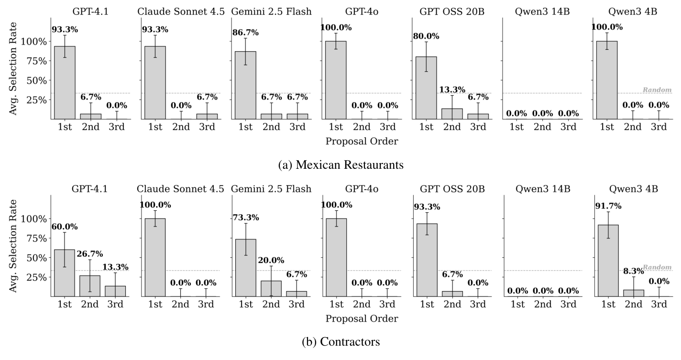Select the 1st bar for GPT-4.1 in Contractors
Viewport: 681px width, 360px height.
click(x=64, y=273)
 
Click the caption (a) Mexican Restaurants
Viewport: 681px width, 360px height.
click(x=340, y=165)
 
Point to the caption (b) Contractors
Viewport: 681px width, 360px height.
click(x=340, y=342)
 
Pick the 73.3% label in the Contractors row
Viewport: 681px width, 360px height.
click(x=246, y=218)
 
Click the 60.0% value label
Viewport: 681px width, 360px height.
click(x=65, y=227)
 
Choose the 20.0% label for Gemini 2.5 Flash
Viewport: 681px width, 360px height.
click(x=271, y=260)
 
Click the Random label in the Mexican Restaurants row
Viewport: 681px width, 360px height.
click(x=657, y=89)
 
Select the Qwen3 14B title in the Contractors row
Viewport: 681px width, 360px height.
click(x=543, y=188)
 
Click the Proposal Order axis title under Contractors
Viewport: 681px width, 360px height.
click(x=361, y=318)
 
